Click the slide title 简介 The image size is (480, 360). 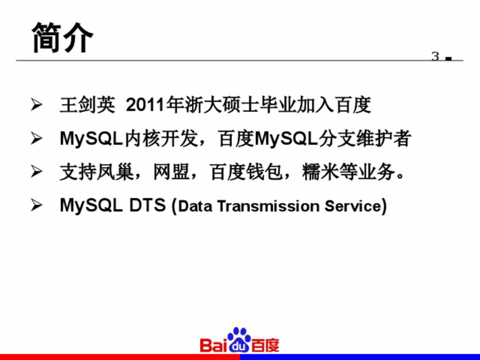click(x=62, y=37)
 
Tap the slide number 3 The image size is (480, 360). click(x=435, y=56)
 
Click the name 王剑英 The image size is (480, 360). click(x=87, y=104)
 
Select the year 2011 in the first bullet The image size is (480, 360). click(x=145, y=105)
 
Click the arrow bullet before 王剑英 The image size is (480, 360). click(x=36, y=104)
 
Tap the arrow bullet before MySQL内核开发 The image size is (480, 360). click(x=36, y=138)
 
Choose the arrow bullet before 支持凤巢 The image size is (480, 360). click(x=36, y=171)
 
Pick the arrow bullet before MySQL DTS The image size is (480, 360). click(x=36, y=205)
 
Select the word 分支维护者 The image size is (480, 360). click(x=364, y=138)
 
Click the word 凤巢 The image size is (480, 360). click(x=115, y=171)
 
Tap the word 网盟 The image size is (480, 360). click(x=171, y=171)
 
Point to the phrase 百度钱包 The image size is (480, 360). click(x=246, y=171)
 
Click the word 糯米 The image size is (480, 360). click(x=320, y=171)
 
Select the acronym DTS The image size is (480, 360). click(x=147, y=205)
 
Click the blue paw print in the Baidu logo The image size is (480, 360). click(x=239, y=340)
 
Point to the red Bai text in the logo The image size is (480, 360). click(x=214, y=345)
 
